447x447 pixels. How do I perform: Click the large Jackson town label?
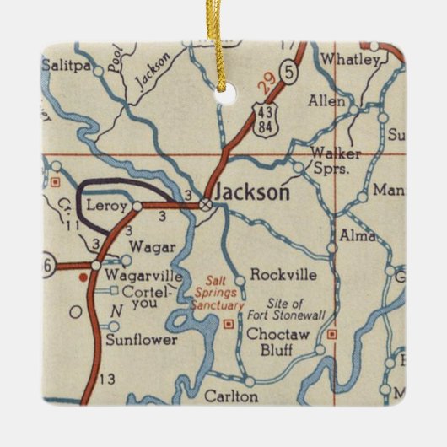pos(252,192)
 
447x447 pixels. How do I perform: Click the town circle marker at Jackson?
pos(205,203)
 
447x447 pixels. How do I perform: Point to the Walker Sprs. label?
pos(336,159)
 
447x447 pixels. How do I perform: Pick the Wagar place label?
pos(152,247)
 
